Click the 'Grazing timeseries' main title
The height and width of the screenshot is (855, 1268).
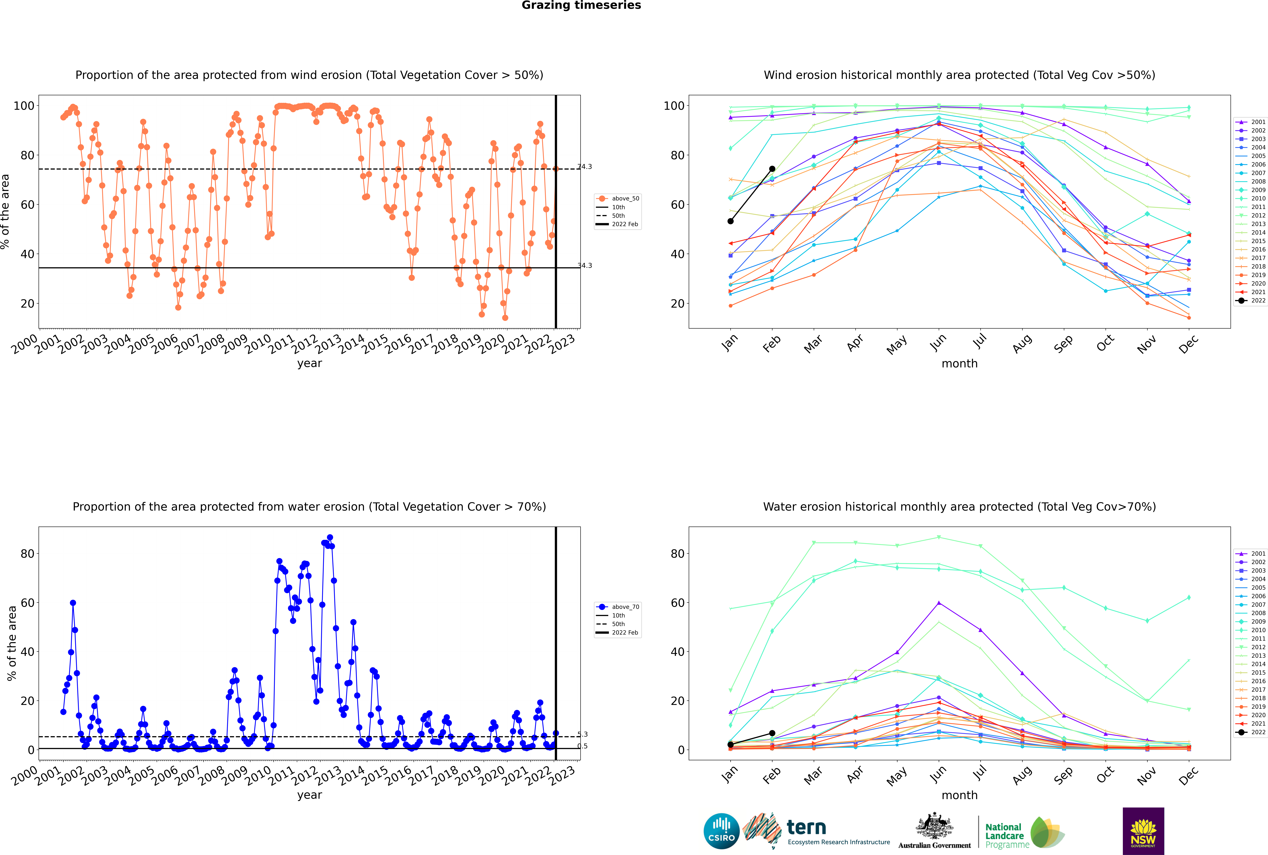pos(581,5)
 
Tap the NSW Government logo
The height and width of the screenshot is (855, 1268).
pos(1143,831)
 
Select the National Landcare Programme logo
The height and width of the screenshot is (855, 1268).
pos(1025,833)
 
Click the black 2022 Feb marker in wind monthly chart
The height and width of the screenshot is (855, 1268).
pos(772,169)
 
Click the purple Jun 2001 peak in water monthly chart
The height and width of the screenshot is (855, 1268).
pos(939,602)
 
